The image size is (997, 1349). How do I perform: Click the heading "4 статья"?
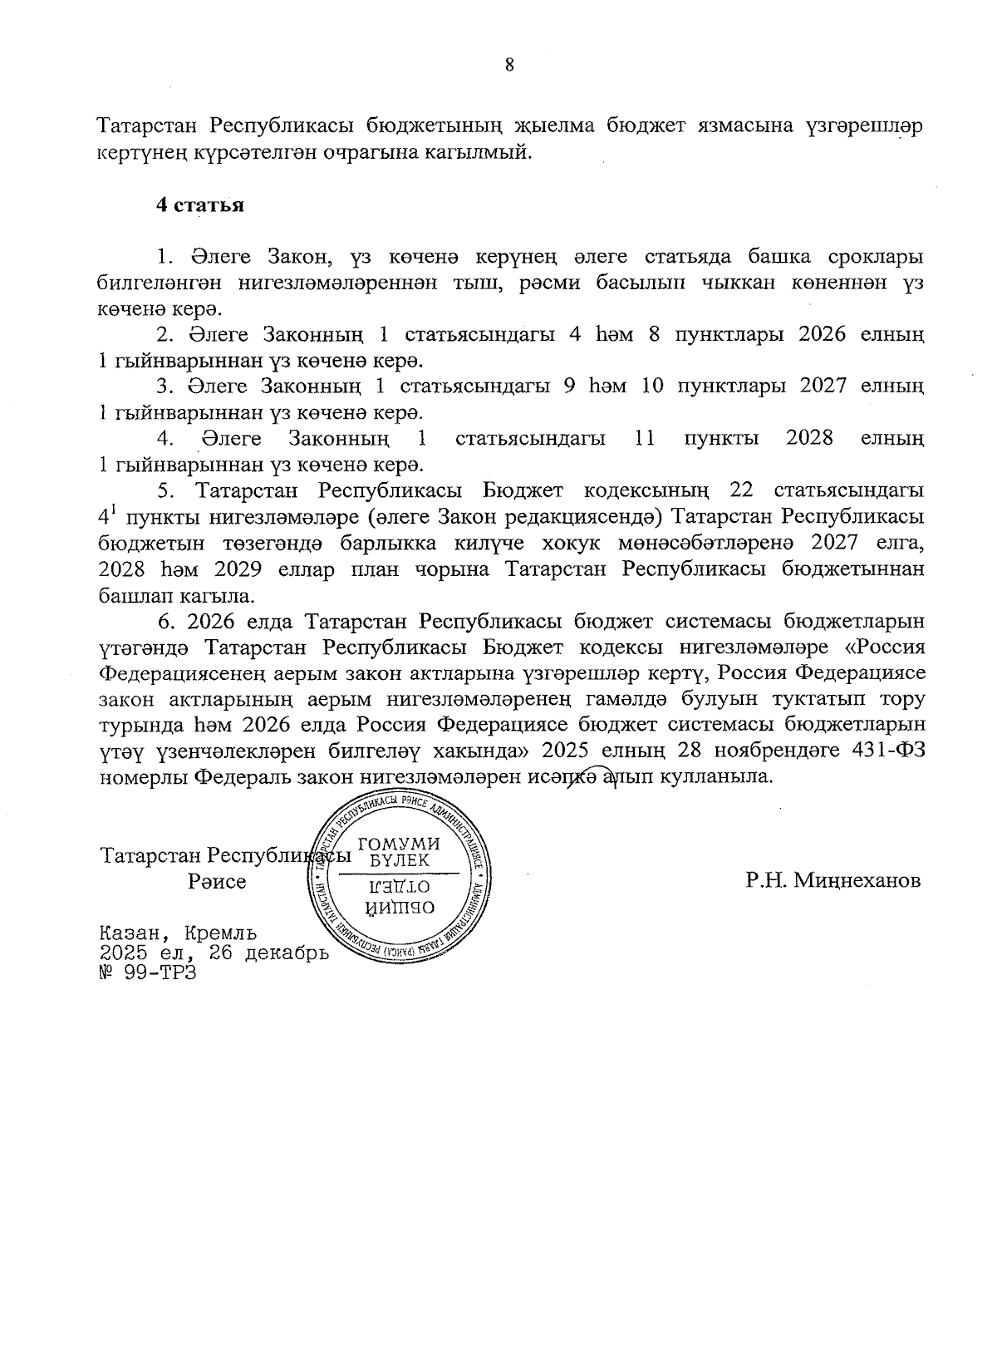point(200,205)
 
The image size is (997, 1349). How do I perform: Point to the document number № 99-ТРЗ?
point(147,972)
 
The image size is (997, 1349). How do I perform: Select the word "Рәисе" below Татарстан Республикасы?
point(217,882)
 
